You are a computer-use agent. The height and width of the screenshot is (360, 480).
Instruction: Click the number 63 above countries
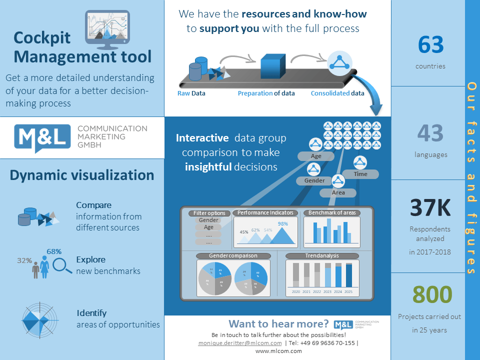430,45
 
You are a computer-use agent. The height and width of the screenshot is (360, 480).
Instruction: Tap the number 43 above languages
430,133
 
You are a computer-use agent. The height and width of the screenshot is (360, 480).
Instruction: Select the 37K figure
430,208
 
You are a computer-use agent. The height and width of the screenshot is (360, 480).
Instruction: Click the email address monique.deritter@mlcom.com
240,343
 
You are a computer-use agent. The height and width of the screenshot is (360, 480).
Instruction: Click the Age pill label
316,156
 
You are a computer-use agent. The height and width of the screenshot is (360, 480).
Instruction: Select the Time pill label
360,174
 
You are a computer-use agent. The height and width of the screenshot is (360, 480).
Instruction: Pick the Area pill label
338,192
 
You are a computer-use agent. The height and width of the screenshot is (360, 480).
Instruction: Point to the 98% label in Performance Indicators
283,223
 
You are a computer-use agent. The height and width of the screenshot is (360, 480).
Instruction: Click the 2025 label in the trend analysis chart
348,291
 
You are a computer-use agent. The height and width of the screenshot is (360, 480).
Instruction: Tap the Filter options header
210,213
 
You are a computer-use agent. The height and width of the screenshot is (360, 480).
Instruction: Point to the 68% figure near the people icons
54,251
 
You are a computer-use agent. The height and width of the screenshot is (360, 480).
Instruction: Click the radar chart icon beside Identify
38,319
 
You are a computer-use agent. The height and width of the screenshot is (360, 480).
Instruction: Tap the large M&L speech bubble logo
43,136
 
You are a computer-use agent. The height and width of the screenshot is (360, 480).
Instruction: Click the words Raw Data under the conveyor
191,93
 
